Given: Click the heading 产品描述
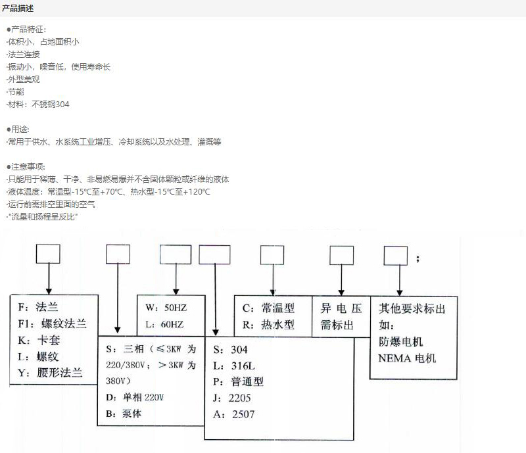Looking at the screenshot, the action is pyautogui.click(x=18, y=8).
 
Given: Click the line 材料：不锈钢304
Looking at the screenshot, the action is pyautogui.click(x=38, y=105).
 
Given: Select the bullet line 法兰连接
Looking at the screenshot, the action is pyautogui.click(x=23, y=55).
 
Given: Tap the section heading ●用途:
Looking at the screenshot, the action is pyautogui.click(x=18, y=129).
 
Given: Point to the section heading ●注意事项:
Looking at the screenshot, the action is pyautogui.click(x=26, y=167).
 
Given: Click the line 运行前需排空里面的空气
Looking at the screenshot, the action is pyautogui.click(x=51, y=204).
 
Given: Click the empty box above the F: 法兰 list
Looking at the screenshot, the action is pyautogui.click(x=48, y=254).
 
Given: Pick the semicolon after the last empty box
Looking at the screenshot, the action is pyautogui.click(x=418, y=258).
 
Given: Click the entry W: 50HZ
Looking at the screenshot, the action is pyautogui.click(x=166, y=308).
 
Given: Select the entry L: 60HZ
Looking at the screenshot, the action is pyautogui.click(x=165, y=324).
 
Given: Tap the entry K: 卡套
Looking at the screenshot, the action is pyautogui.click(x=39, y=341).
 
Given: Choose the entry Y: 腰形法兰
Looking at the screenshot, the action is pyautogui.click(x=50, y=373).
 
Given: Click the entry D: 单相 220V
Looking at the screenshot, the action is pyautogui.click(x=135, y=397).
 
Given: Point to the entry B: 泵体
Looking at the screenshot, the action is pyautogui.click(x=124, y=414).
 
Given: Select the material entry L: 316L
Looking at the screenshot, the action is pyautogui.click(x=234, y=366).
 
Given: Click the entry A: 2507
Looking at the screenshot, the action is pyautogui.click(x=234, y=414).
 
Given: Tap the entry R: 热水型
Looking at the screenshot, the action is pyautogui.click(x=268, y=325).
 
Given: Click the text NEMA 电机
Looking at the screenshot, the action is pyautogui.click(x=407, y=358).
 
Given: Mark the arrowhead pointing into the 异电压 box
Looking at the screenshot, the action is pyautogui.click(x=341, y=293).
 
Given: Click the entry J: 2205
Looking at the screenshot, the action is pyautogui.click(x=232, y=398).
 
